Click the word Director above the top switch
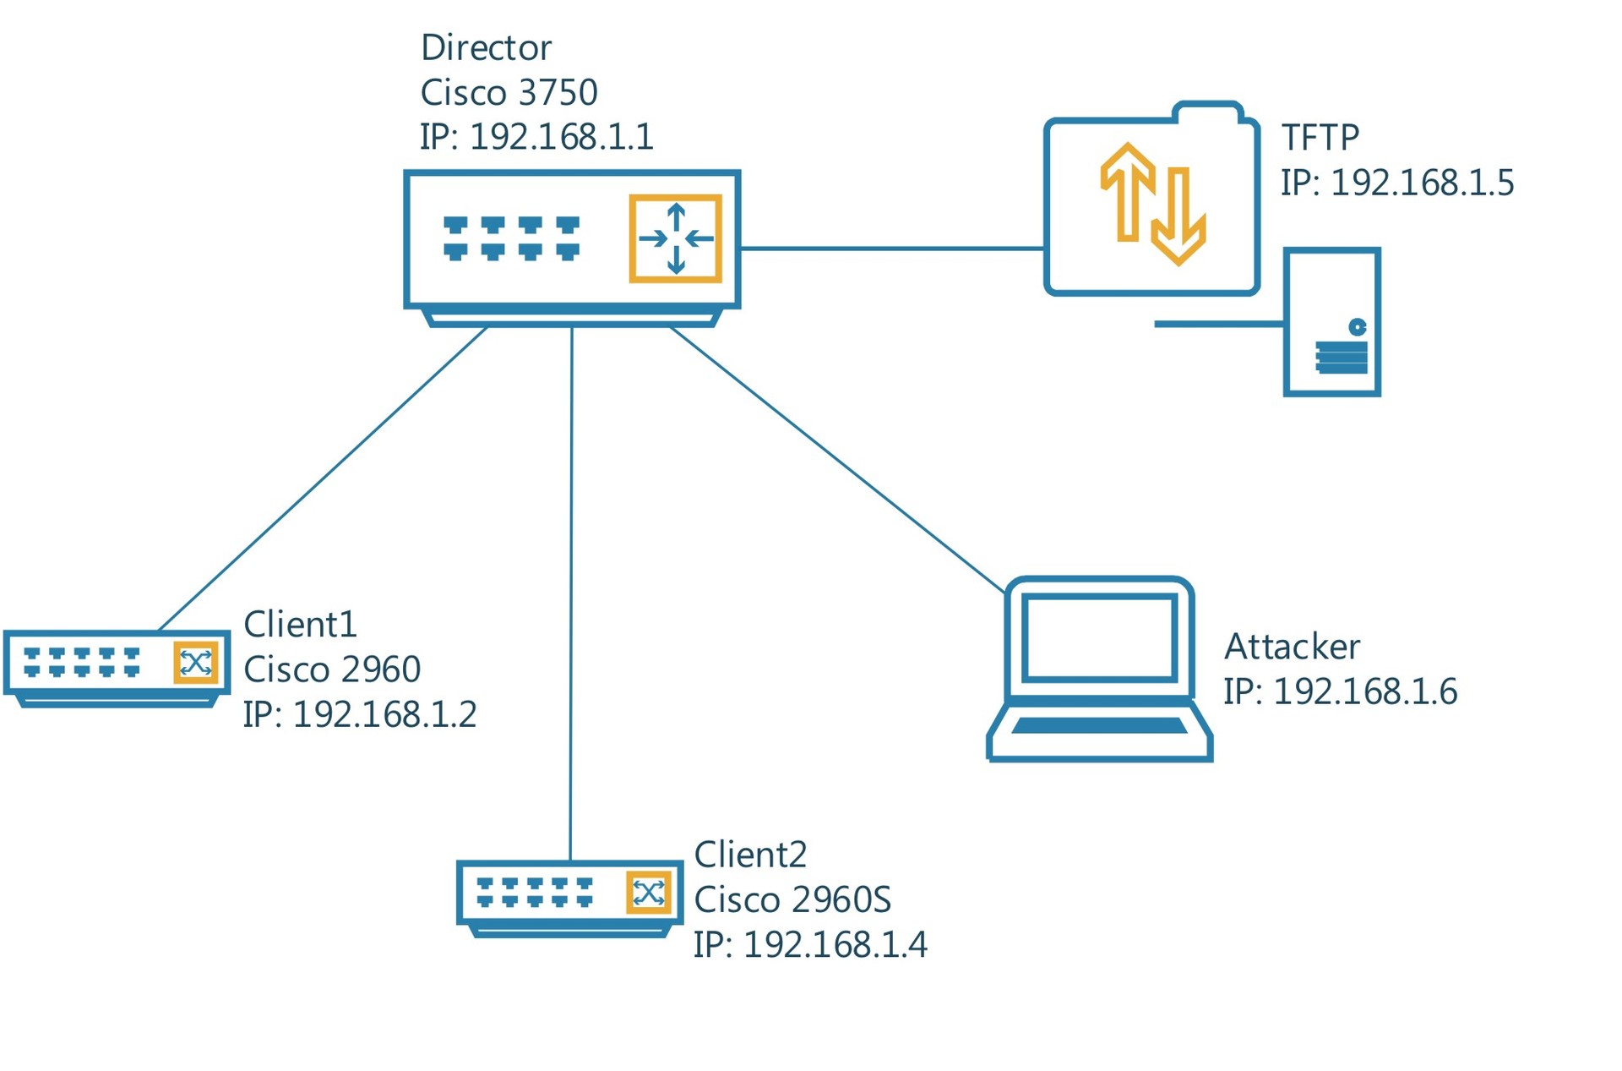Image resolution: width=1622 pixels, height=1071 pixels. tap(486, 48)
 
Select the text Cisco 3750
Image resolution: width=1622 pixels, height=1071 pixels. tap(509, 93)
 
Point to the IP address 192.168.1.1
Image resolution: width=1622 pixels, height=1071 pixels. tap(561, 137)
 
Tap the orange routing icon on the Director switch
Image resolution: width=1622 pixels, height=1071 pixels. tap(675, 238)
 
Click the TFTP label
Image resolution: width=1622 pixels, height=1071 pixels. tap(1320, 138)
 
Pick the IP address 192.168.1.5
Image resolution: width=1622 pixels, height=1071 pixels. tap(1422, 183)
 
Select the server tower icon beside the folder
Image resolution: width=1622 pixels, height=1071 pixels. tap(1331, 322)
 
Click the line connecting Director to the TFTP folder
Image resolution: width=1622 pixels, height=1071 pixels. tap(891, 249)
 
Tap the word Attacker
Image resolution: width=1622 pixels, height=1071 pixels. tap(1292, 648)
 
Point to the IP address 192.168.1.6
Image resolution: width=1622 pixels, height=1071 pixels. tap(1364, 692)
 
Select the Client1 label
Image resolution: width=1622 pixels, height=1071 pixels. tap(300, 626)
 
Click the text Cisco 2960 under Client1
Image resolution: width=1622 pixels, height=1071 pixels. tap(332, 670)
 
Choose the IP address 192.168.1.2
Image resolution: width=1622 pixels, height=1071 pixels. tap(384, 715)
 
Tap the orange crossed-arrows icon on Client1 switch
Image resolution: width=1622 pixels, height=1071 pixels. tap(196, 662)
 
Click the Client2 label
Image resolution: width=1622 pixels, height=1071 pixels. tap(750, 855)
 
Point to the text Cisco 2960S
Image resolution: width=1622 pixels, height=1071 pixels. tap(792, 900)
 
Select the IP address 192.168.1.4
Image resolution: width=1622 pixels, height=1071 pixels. tap(835, 945)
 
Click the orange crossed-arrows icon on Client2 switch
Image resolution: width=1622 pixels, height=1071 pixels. tap(649, 893)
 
